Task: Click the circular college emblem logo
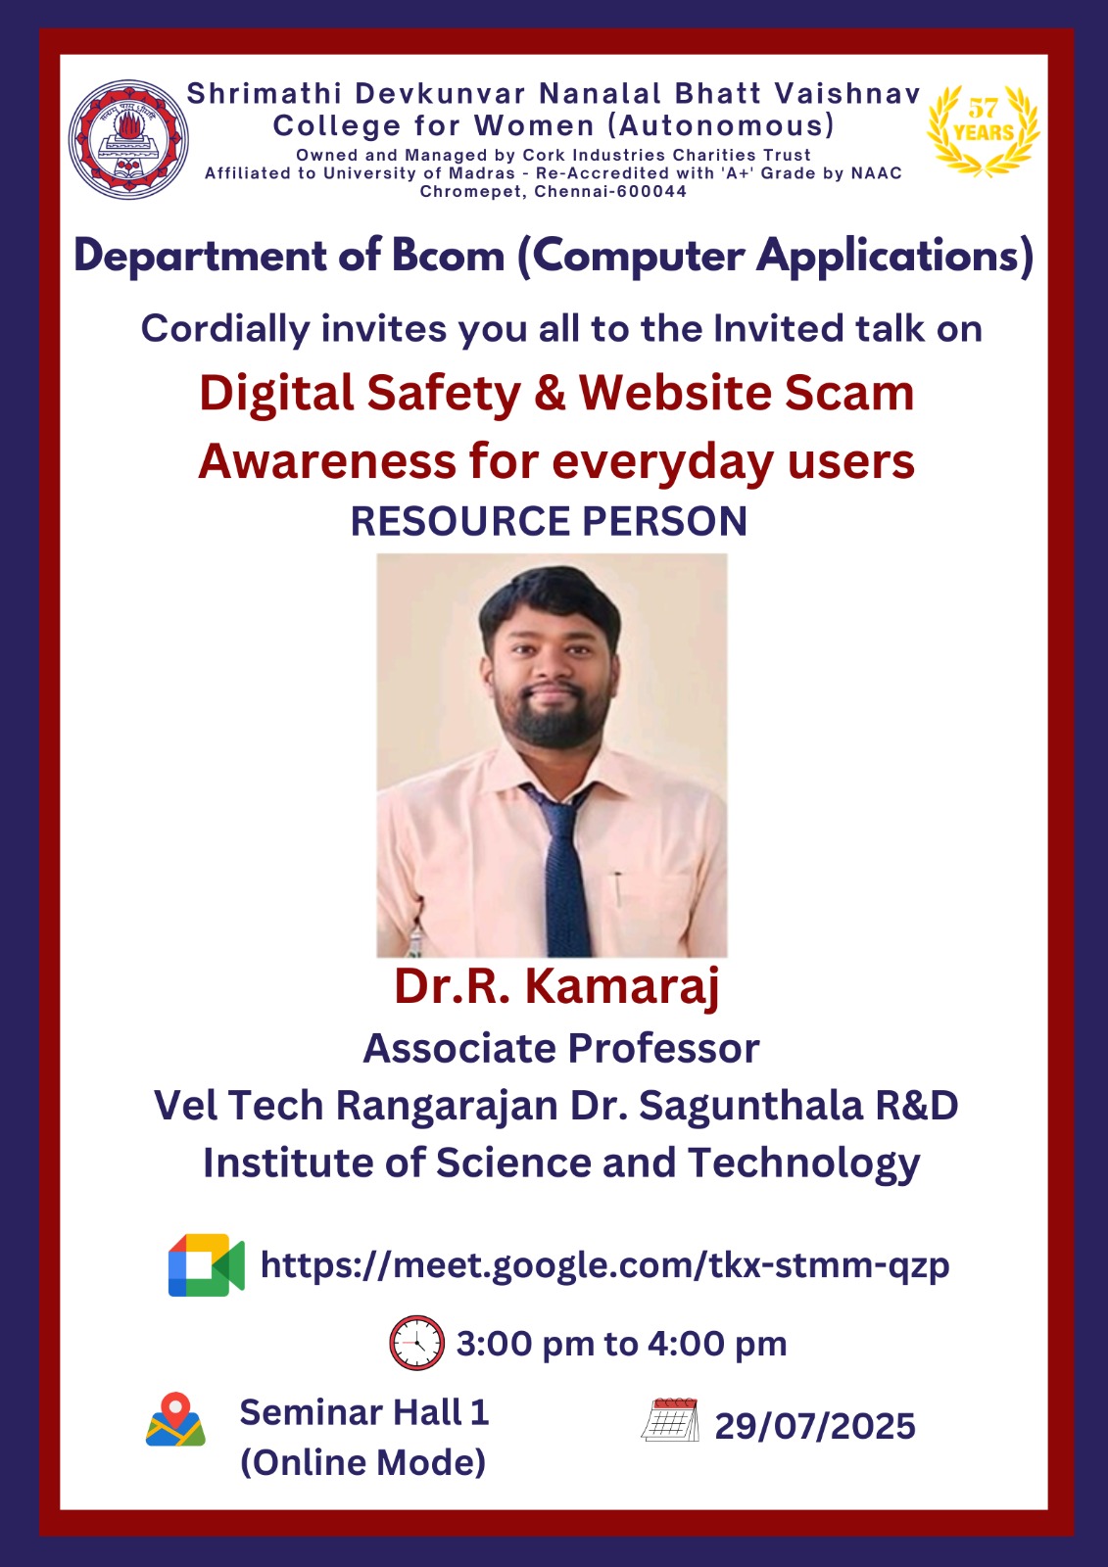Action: [x=128, y=139]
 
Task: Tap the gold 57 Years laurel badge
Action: [x=984, y=130]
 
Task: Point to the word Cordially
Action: [x=225, y=329]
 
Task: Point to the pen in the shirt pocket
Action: [x=618, y=890]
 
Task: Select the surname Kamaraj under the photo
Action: [x=622, y=988]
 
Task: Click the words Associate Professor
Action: [x=561, y=1048]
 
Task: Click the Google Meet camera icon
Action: [x=206, y=1264]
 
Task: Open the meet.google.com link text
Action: [x=604, y=1265]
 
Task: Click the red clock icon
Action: [x=416, y=1343]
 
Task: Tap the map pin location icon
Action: [x=175, y=1419]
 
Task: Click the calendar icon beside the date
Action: [x=670, y=1419]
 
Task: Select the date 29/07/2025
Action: [x=815, y=1426]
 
